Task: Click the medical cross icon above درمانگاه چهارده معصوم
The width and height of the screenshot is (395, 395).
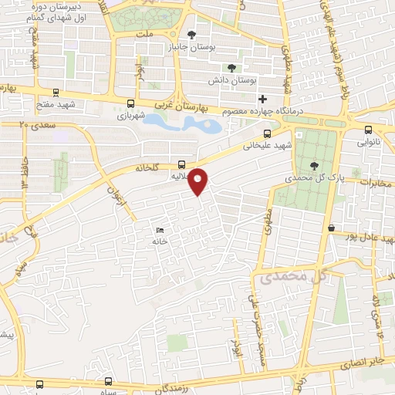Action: (x=263, y=99)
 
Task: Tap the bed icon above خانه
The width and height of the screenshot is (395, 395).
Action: (x=160, y=230)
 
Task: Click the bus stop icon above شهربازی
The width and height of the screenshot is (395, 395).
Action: (x=130, y=103)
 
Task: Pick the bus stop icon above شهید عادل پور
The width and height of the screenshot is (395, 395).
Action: (x=331, y=228)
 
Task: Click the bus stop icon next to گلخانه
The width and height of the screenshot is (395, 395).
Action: (x=181, y=164)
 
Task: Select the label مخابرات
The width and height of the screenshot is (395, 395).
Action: (x=376, y=182)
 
